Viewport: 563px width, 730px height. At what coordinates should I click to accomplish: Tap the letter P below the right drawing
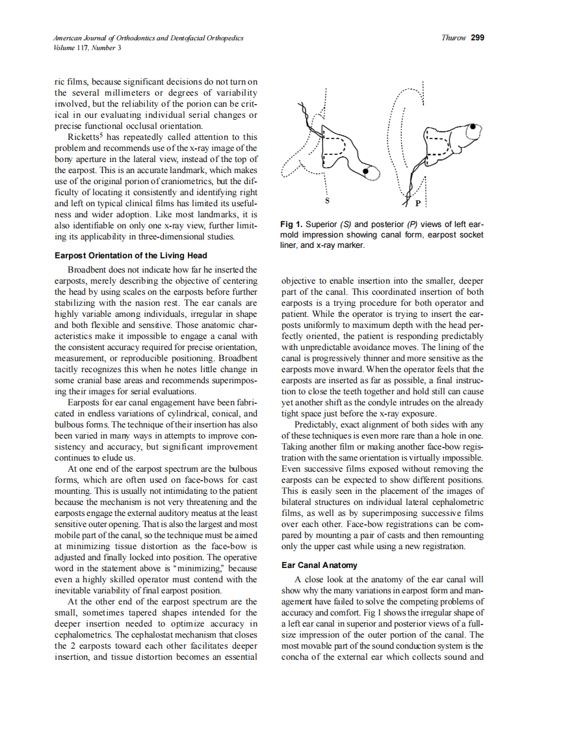coord(417,203)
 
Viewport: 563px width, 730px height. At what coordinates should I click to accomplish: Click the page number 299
coord(477,38)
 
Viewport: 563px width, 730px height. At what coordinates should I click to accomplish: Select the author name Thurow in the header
coord(453,38)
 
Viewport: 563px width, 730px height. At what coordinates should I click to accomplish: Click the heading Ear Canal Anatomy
coord(319,565)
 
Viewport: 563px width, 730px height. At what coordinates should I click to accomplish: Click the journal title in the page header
coord(149,38)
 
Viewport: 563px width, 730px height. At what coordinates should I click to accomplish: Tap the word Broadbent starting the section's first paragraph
coord(88,269)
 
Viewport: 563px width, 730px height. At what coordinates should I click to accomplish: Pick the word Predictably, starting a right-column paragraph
coord(319,425)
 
